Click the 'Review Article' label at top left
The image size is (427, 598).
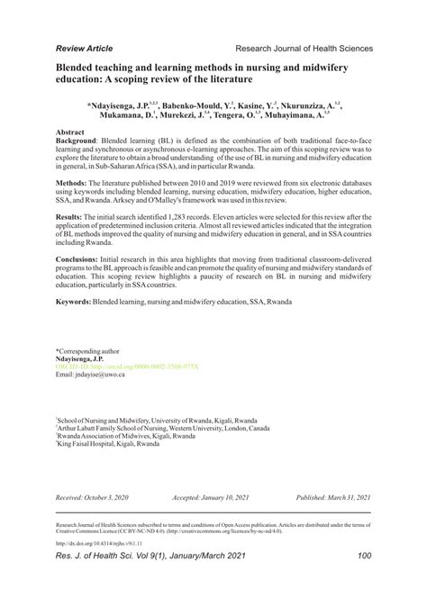tap(85, 48)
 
